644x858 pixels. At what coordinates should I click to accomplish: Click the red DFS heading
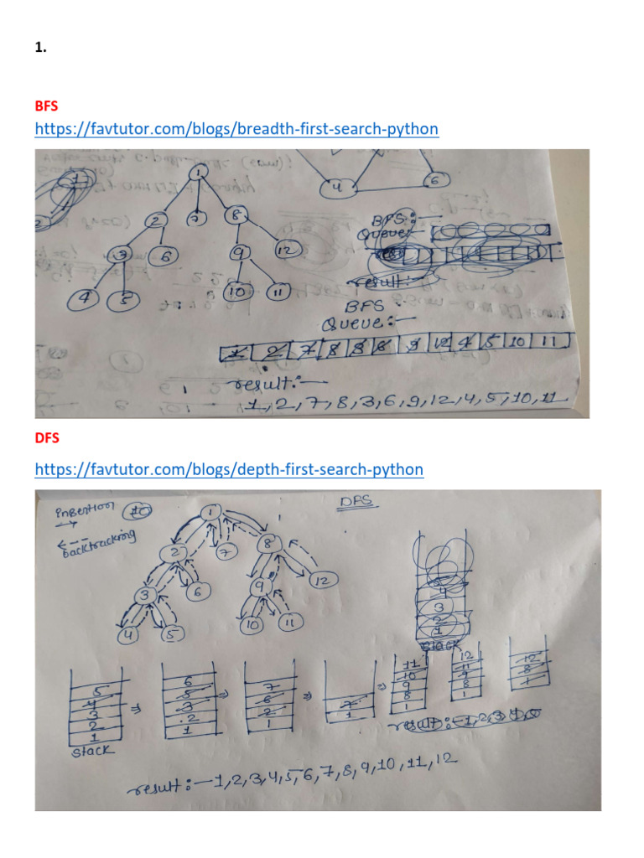tap(46, 438)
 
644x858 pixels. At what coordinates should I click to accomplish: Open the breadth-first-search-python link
tap(236, 129)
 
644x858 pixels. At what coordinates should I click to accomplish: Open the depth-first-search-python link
tap(229, 469)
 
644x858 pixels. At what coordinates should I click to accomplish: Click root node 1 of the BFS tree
tap(198, 173)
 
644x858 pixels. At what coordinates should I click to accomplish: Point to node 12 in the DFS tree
tap(323, 580)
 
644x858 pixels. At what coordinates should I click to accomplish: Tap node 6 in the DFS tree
tap(198, 592)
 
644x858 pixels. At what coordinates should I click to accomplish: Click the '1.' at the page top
tap(40, 49)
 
